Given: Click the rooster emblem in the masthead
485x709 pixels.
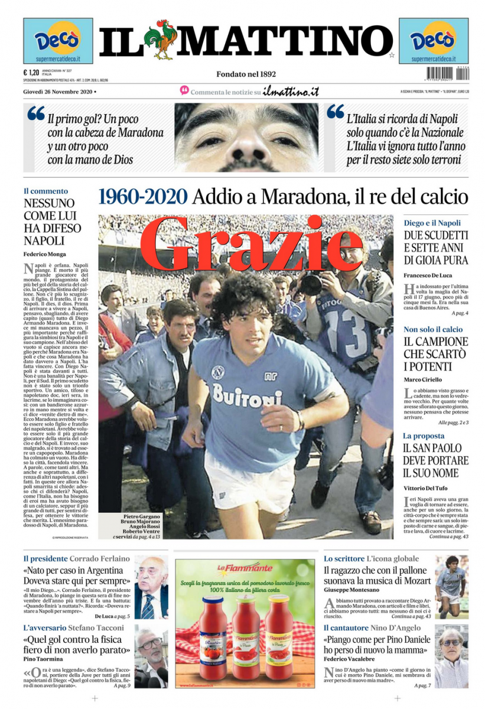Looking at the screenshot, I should click(160, 40).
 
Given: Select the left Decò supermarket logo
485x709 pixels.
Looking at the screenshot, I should click(57, 40).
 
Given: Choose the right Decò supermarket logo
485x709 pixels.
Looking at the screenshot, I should click(433, 40).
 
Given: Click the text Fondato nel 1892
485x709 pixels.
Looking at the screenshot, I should click(246, 74).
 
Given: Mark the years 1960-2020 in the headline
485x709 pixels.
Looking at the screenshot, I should click(143, 197).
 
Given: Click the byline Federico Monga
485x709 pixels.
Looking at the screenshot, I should click(45, 254).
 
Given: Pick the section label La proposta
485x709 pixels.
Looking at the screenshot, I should click(424, 435).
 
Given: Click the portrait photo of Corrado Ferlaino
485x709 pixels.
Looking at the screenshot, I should click(151, 587).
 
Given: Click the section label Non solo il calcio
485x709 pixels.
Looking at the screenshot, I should click(433, 329).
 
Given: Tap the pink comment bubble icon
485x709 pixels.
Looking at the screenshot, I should click(184, 91).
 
